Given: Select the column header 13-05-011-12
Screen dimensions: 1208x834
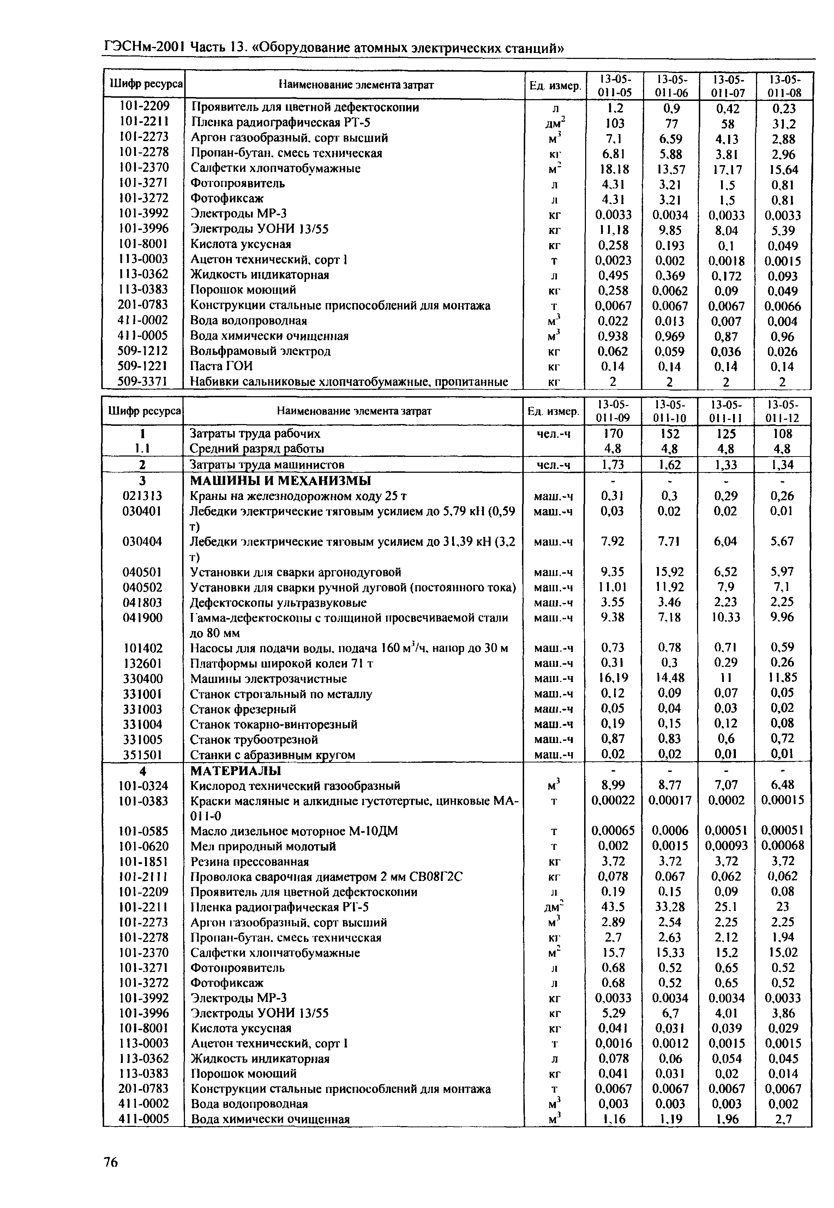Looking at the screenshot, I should tap(782, 411).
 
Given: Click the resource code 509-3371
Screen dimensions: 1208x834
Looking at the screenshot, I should tap(143, 381).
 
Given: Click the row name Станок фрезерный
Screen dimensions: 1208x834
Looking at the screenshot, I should tap(243, 709).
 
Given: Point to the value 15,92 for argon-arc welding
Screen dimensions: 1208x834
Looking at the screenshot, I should tap(670, 572).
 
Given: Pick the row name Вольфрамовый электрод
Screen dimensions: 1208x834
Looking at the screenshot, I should tap(260, 351).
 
